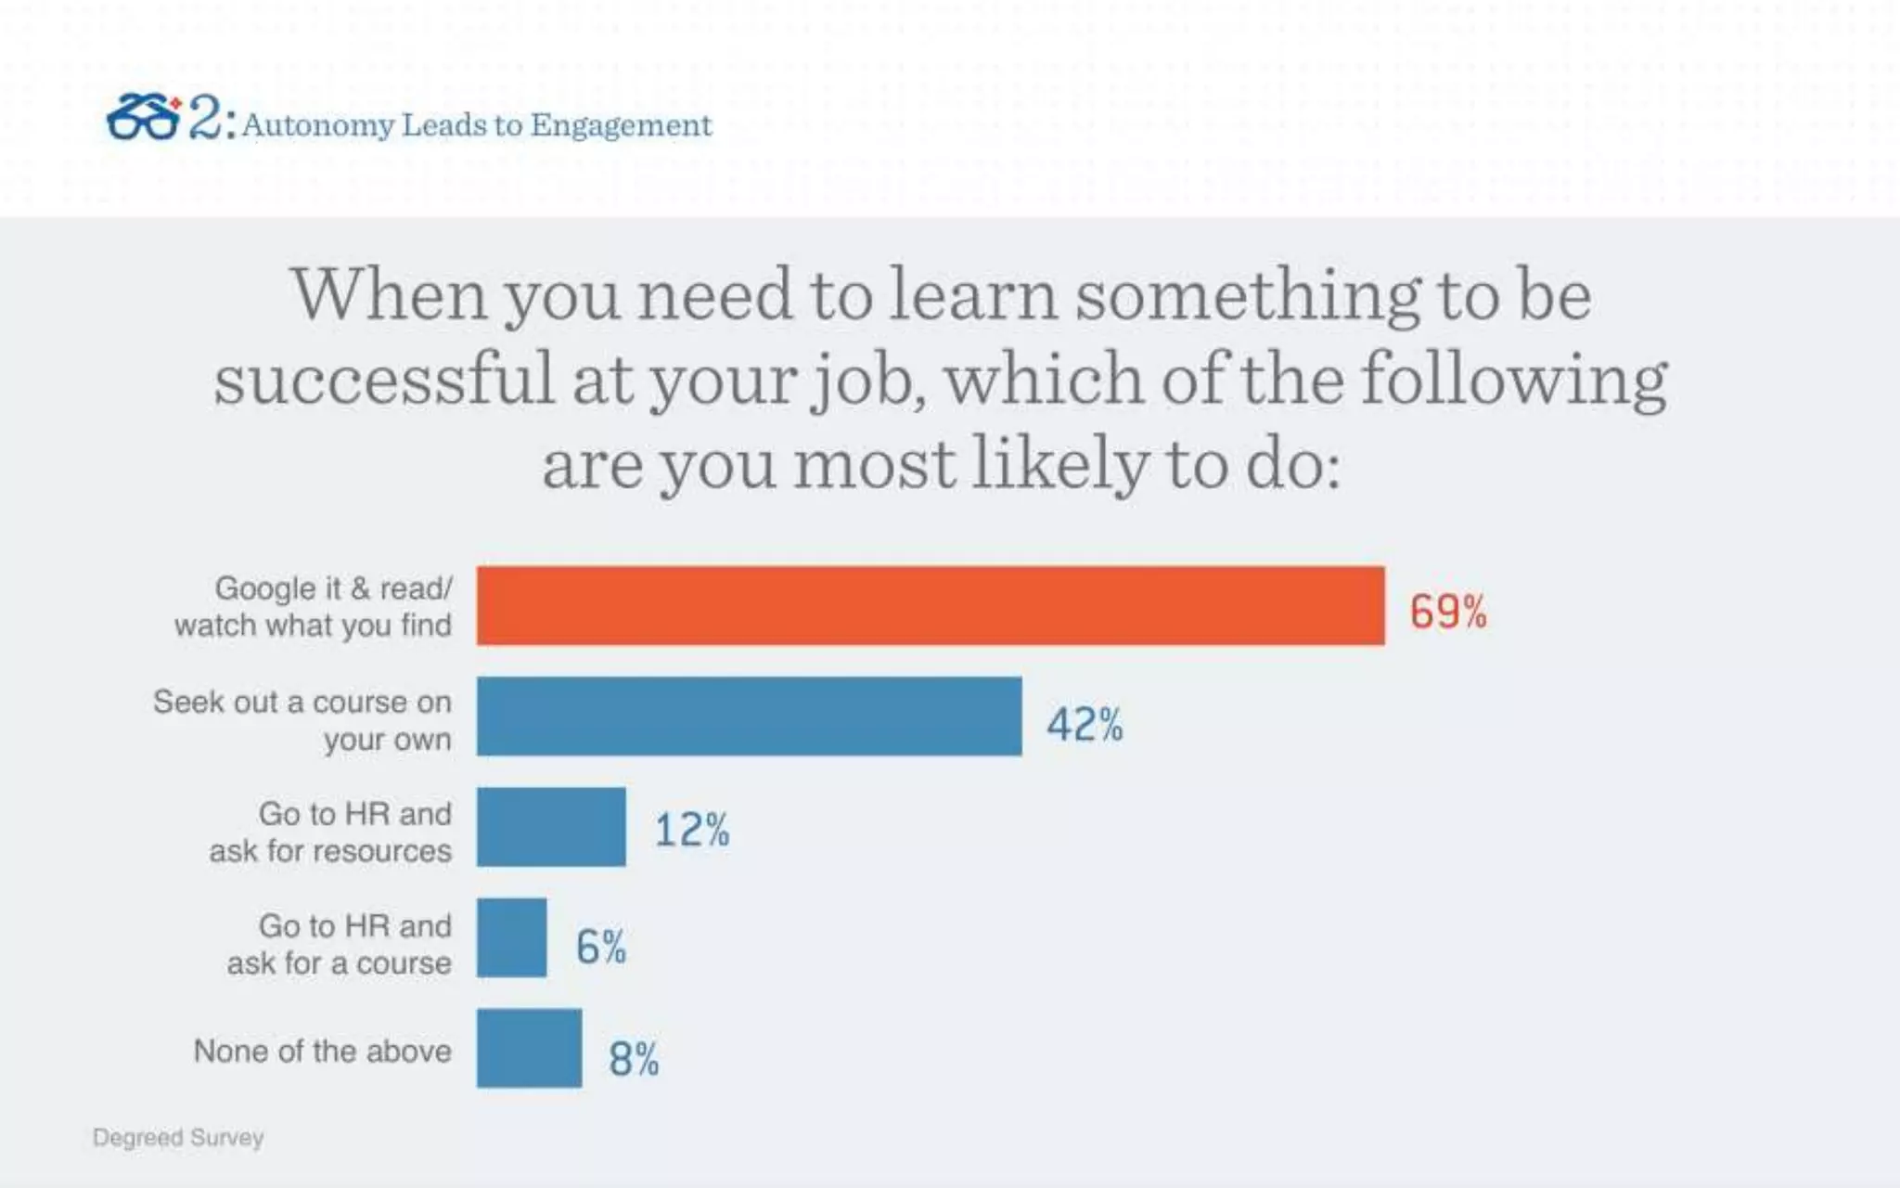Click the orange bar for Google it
931,605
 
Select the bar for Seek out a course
749,716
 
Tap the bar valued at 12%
551,827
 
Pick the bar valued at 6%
511,937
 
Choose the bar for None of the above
529,1048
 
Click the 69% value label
1447,612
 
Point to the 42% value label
1085,724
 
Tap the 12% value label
692,830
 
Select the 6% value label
600,947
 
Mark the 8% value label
634,1058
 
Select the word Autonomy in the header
318,125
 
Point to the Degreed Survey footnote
178,1137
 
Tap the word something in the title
1247,295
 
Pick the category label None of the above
322,1051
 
